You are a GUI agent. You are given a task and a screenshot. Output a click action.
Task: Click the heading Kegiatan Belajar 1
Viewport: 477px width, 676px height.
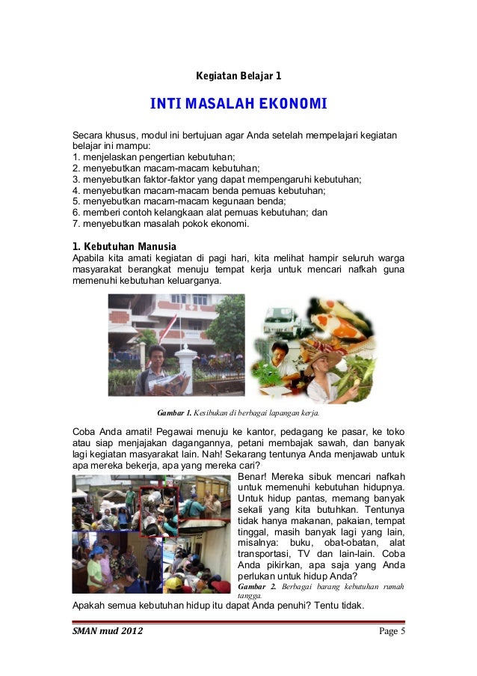[x=238, y=76]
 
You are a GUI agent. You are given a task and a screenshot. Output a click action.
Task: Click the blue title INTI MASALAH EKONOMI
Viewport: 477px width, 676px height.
[x=238, y=103]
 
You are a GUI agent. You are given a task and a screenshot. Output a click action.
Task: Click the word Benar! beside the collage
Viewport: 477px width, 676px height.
[x=252, y=475]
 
